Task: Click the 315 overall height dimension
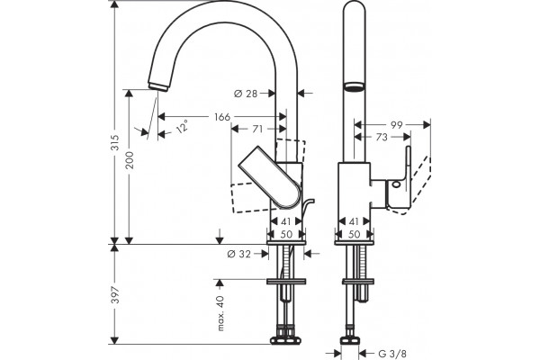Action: pyautogui.click(x=115, y=142)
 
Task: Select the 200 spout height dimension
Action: pyautogui.click(x=130, y=160)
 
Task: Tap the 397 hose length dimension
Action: pyautogui.click(x=115, y=294)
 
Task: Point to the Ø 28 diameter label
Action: pyautogui.click(x=246, y=93)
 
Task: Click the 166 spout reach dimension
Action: pyautogui.click(x=222, y=117)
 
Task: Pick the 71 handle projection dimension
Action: pyautogui.click(x=257, y=129)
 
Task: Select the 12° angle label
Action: pyautogui.click(x=182, y=126)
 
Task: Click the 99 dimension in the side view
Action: pyautogui.click(x=396, y=125)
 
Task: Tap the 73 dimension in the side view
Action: pyautogui.click(x=382, y=137)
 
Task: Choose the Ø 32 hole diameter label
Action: pyautogui.click(x=239, y=254)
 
